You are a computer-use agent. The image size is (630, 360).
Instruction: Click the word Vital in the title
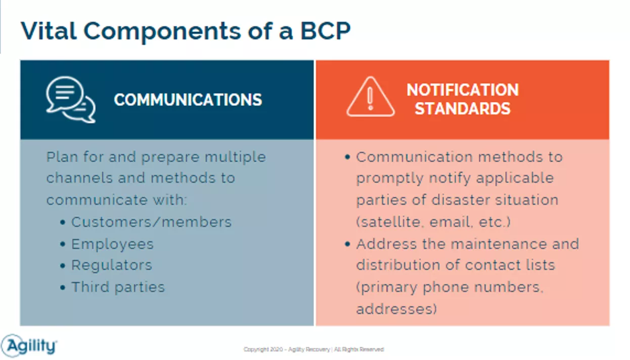click(49, 30)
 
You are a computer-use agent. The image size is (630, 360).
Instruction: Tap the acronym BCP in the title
click(326, 30)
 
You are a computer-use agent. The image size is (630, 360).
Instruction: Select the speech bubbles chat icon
click(71, 100)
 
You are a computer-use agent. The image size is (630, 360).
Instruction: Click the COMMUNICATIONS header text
click(188, 100)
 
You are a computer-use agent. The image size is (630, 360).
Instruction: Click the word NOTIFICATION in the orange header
click(463, 90)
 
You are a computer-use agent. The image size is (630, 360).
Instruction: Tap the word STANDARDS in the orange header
click(463, 109)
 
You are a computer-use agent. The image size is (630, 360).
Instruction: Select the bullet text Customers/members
click(151, 222)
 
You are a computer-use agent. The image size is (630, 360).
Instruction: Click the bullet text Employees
click(112, 244)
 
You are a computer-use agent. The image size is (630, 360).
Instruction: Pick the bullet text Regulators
click(112, 265)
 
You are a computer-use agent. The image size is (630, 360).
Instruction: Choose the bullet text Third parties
click(118, 287)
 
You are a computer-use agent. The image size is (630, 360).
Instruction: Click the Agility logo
click(29, 346)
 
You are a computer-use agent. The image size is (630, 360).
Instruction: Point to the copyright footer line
click(313, 349)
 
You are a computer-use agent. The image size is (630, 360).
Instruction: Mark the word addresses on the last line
click(394, 309)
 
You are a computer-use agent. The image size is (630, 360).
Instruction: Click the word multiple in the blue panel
click(235, 157)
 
